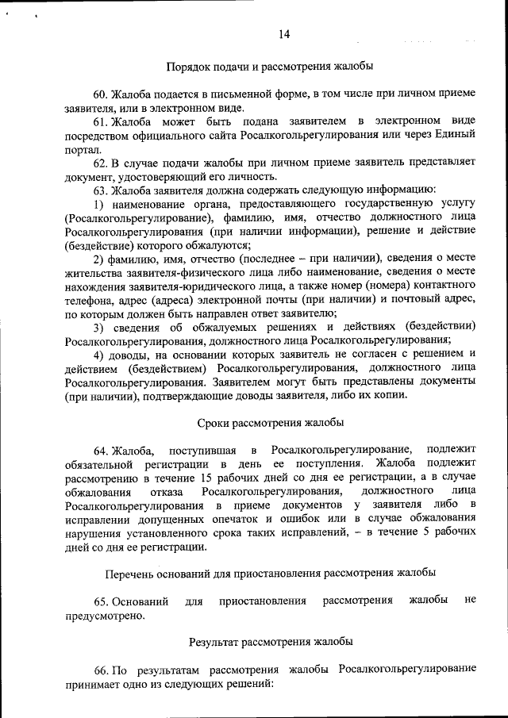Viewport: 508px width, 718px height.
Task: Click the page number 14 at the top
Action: (285, 33)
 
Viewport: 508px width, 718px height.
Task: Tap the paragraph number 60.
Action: (101, 94)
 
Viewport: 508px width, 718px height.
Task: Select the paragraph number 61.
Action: (101, 121)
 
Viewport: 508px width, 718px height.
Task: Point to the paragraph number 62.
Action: (101, 162)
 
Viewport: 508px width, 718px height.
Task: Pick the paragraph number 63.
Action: (101, 189)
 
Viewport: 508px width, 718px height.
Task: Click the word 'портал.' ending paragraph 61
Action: (83, 148)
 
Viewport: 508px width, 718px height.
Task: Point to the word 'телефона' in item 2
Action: (89, 299)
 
